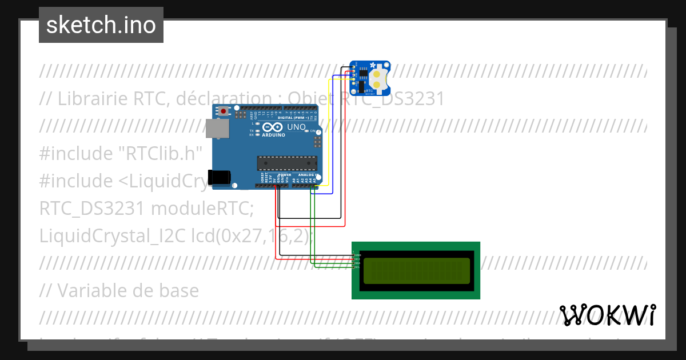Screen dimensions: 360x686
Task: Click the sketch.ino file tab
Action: point(101,25)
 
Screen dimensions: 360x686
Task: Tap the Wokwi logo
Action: point(607,315)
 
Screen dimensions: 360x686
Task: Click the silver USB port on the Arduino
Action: point(217,129)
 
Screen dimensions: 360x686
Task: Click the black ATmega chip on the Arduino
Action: point(286,163)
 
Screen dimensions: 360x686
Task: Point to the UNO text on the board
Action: point(296,127)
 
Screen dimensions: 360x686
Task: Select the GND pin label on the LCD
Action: point(357,255)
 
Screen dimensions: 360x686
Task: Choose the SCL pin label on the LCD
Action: point(357,267)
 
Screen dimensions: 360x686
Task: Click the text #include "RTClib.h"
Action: point(121,153)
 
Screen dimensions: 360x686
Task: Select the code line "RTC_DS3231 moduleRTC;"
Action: point(146,208)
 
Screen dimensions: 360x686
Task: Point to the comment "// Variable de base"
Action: point(119,290)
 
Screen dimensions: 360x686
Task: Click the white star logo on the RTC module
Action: point(373,65)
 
